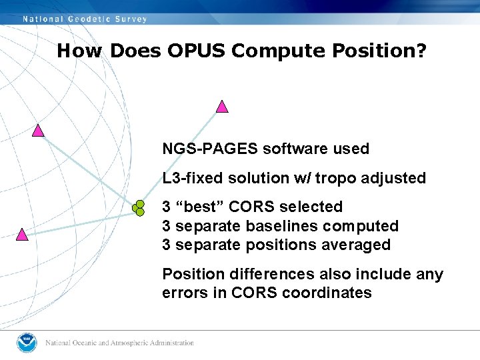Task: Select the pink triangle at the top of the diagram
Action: [222, 107]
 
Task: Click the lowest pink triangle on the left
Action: [22, 235]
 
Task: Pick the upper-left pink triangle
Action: [38, 131]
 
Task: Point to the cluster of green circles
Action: [139, 207]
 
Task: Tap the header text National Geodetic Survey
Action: [85, 19]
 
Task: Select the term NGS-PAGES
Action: [210, 149]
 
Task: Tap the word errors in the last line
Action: [184, 293]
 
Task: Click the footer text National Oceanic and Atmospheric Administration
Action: [119, 343]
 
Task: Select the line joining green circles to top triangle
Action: [180, 157]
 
